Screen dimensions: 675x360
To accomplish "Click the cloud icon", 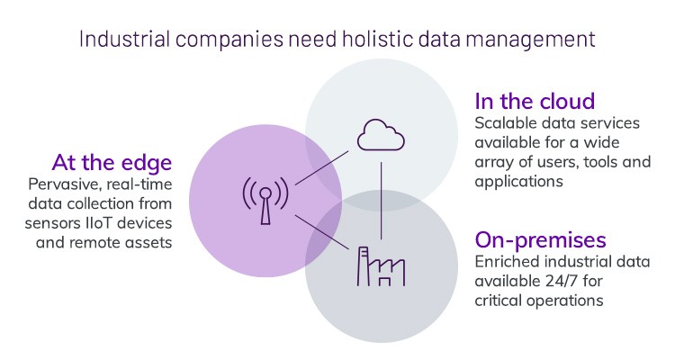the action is pyautogui.click(x=381, y=135).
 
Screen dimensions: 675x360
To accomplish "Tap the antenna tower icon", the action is pyautogui.click(x=265, y=200).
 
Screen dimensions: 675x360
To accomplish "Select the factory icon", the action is pyautogui.click(x=381, y=266).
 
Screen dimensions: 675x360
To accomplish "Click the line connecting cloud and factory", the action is pyautogui.click(x=382, y=201).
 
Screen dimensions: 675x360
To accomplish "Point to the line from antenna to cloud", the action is pyautogui.click(x=321, y=168).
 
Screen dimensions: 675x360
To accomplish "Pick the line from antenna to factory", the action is pyautogui.click(x=321, y=232).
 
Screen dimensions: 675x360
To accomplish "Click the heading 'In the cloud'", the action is pyautogui.click(x=535, y=102).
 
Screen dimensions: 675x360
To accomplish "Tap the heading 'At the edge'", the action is pyautogui.click(x=112, y=163).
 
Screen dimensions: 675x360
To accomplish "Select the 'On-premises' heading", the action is pyautogui.click(x=540, y=240).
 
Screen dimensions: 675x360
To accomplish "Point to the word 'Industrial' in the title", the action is pyautogui.click(x=125, y=39).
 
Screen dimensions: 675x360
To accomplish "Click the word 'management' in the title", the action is pyautogui.click(x=530, y=40).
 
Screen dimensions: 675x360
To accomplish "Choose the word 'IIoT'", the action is pyautogui.click(x=99, y=223).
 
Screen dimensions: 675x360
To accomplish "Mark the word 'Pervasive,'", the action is pyautogui.click(x=65, y=184).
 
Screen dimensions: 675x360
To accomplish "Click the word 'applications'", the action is pyautogui.click(x=518, y=182).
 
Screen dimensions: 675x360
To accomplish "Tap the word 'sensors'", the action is pyautogui.click(x=52, y=223).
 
